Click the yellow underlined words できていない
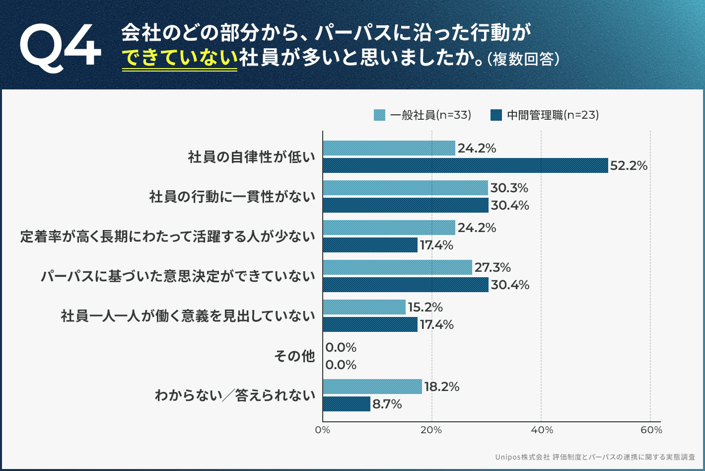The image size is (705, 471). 180,58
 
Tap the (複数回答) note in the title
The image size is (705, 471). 524,59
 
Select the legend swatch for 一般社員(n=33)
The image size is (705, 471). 379,115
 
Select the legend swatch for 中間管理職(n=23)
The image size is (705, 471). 496,115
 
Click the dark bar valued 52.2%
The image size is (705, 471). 465,165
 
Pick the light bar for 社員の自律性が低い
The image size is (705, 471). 389,148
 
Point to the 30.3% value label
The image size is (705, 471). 509,188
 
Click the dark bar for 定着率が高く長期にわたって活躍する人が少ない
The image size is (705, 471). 370,245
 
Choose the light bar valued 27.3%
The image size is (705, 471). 397,267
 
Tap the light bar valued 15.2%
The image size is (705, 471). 364,307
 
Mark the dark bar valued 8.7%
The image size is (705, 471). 347,404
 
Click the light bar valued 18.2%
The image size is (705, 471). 372,387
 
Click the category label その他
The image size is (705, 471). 294,356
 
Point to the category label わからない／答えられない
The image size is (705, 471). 235,395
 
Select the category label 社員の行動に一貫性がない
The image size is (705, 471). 232,197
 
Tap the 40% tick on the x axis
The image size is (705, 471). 542,430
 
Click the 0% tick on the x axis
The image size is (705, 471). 323,430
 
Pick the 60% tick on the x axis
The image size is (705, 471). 651,430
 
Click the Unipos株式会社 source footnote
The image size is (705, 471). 595,457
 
